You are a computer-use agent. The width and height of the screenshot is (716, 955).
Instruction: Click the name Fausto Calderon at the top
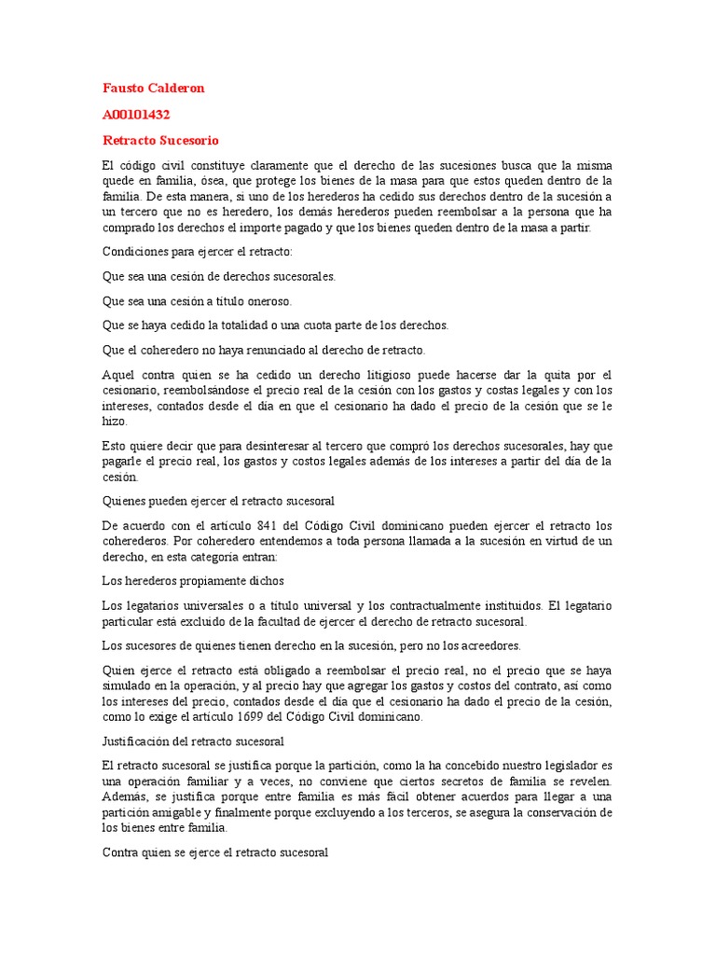pyautogui.click(x=153, y=89)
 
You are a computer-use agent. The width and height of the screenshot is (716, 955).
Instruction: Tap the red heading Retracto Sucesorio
pyautogui.click(x=160, y=141)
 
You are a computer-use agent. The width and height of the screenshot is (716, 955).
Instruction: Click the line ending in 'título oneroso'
pyautogui.click(x=197, y=301)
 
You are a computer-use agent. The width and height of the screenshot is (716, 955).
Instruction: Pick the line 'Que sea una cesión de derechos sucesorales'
pyautogui.click(x=219, y=276)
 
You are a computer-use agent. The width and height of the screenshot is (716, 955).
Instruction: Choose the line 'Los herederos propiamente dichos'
pyautogui.click(x=192, y=579)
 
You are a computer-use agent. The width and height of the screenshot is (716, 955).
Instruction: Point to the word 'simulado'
pyautogui.click(x=126, y=685)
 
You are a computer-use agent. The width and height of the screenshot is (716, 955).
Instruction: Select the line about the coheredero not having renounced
pyautogui.click(x=264, y=350)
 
